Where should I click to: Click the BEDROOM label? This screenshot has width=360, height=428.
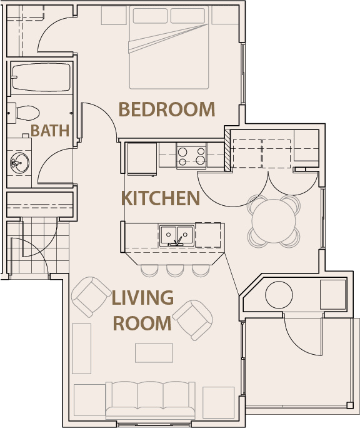tap(167, 109)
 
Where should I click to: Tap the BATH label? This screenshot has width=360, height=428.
tap(50, 131)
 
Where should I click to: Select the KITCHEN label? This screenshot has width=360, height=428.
tap(161, 198)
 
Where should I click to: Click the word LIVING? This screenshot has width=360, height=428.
tap(142, 297)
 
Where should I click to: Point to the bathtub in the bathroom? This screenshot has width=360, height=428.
tap(41, 77)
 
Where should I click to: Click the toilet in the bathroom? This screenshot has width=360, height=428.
tap(24, 113)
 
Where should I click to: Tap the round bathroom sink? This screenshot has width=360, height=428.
tap(19, 163)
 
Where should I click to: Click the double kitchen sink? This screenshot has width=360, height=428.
tap(177, 236)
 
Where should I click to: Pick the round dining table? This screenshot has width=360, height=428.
tap(274, 221)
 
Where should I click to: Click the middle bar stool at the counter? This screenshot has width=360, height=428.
tap(175, 270)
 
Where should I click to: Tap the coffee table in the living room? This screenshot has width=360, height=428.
tap(154, 353)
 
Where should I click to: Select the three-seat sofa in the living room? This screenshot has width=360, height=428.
tap(150, 400)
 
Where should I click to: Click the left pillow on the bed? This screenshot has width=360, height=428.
tap(150, 16)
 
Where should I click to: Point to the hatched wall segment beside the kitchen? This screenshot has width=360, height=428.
tap(227, 150)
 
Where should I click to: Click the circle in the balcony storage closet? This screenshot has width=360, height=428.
tap(279, 295)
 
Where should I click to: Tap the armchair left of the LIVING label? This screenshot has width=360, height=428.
tap(91, 297)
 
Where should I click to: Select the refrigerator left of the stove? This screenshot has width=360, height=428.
tap(142, 158)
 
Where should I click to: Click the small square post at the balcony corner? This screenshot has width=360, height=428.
tap(350, 405)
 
